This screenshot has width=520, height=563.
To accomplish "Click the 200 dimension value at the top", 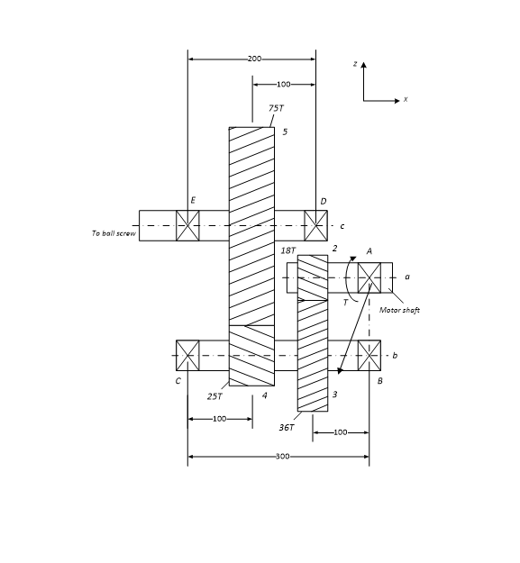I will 254,59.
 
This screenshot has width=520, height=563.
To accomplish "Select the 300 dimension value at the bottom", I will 281,457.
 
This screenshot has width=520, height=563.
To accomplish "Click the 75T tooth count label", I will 276,108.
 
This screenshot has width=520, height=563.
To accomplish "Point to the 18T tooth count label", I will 287,250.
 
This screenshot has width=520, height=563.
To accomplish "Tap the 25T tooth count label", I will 214,395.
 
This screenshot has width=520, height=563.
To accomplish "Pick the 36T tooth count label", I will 286,427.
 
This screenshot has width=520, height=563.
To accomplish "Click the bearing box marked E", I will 187,225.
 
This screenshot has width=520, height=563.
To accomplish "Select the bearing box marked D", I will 315,225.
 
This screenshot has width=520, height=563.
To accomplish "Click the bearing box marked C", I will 187,355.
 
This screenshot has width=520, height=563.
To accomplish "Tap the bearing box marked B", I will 369,355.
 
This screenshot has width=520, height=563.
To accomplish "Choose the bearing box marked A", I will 369,277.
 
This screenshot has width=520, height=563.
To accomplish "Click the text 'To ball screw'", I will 114,233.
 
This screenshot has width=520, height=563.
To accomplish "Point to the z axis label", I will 356,65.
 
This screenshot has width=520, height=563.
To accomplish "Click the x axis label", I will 406,100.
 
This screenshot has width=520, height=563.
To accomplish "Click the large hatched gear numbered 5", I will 251,225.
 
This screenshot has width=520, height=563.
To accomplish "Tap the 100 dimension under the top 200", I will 283,85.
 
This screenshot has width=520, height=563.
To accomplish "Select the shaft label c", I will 342,225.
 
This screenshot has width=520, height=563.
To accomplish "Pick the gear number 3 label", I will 334,395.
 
